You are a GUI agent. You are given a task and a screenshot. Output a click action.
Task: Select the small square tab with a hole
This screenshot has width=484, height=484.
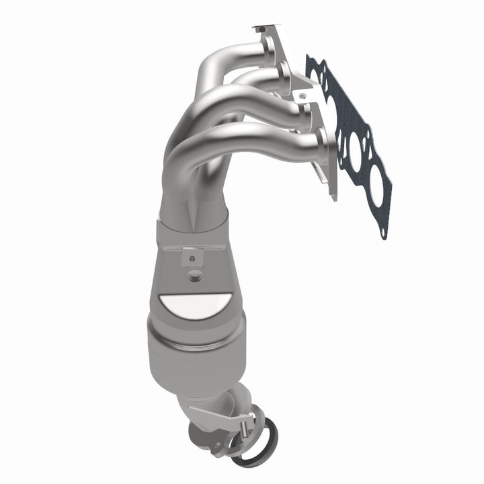[x=192, y=256]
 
